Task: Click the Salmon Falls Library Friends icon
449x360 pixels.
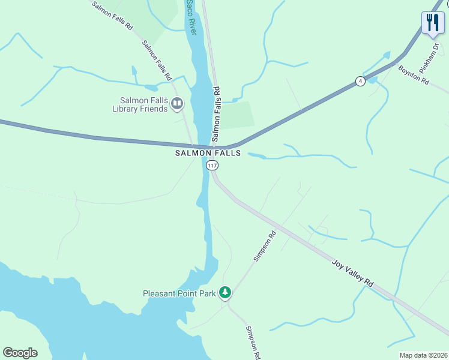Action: pyautogui.click(x=177, y=104)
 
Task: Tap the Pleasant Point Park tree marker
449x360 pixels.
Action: pyautogui.click(x=225, y=293)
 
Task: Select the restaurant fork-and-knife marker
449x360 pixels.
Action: pyautogui.click(x=433, y=23)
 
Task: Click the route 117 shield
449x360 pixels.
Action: pyautogui.click(x=212, y=165)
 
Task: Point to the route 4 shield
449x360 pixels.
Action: pyautogui.click(x=360, y=81)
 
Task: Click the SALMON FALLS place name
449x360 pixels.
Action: pyautogui.click(x=208, y=154)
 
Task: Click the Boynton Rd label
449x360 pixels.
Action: pyautogui.click(x=414, y=74)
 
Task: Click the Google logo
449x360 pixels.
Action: pyautogui.click(x=20, y=353)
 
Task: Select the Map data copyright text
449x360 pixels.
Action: pyautogui.click(x=423, y=355)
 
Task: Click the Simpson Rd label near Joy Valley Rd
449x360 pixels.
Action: pyautogui.click(x=264, y=246)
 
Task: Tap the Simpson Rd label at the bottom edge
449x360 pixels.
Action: pyautogui.click(x=253, y=343)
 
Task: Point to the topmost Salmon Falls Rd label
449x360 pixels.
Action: pyautogui.click(x=112, y=16)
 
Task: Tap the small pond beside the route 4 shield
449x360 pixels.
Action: pyautogui.click(x=373, y=80)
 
